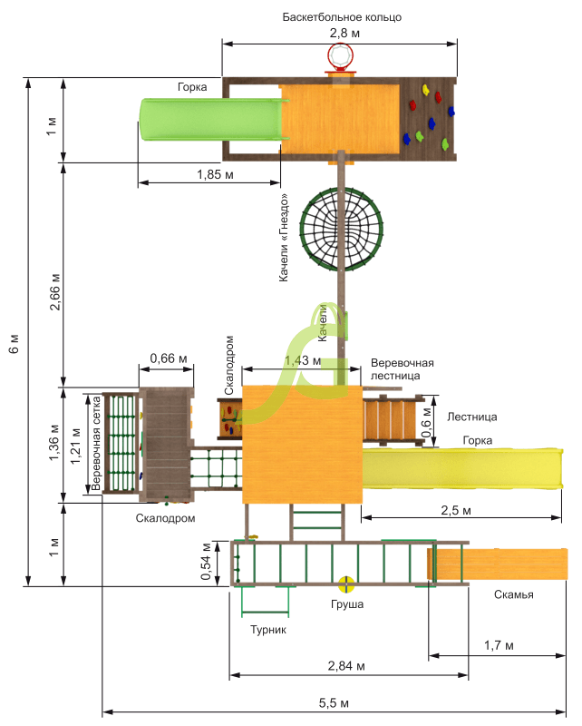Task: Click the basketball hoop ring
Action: point(328,55)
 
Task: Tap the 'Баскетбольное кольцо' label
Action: point(342,17)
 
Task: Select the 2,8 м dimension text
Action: point(344,33)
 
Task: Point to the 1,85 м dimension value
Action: point(215,174)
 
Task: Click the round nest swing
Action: point(301,230)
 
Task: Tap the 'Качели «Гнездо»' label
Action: point(284,238)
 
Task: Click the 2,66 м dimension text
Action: point(55,292)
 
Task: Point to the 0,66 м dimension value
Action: point(169,358)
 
